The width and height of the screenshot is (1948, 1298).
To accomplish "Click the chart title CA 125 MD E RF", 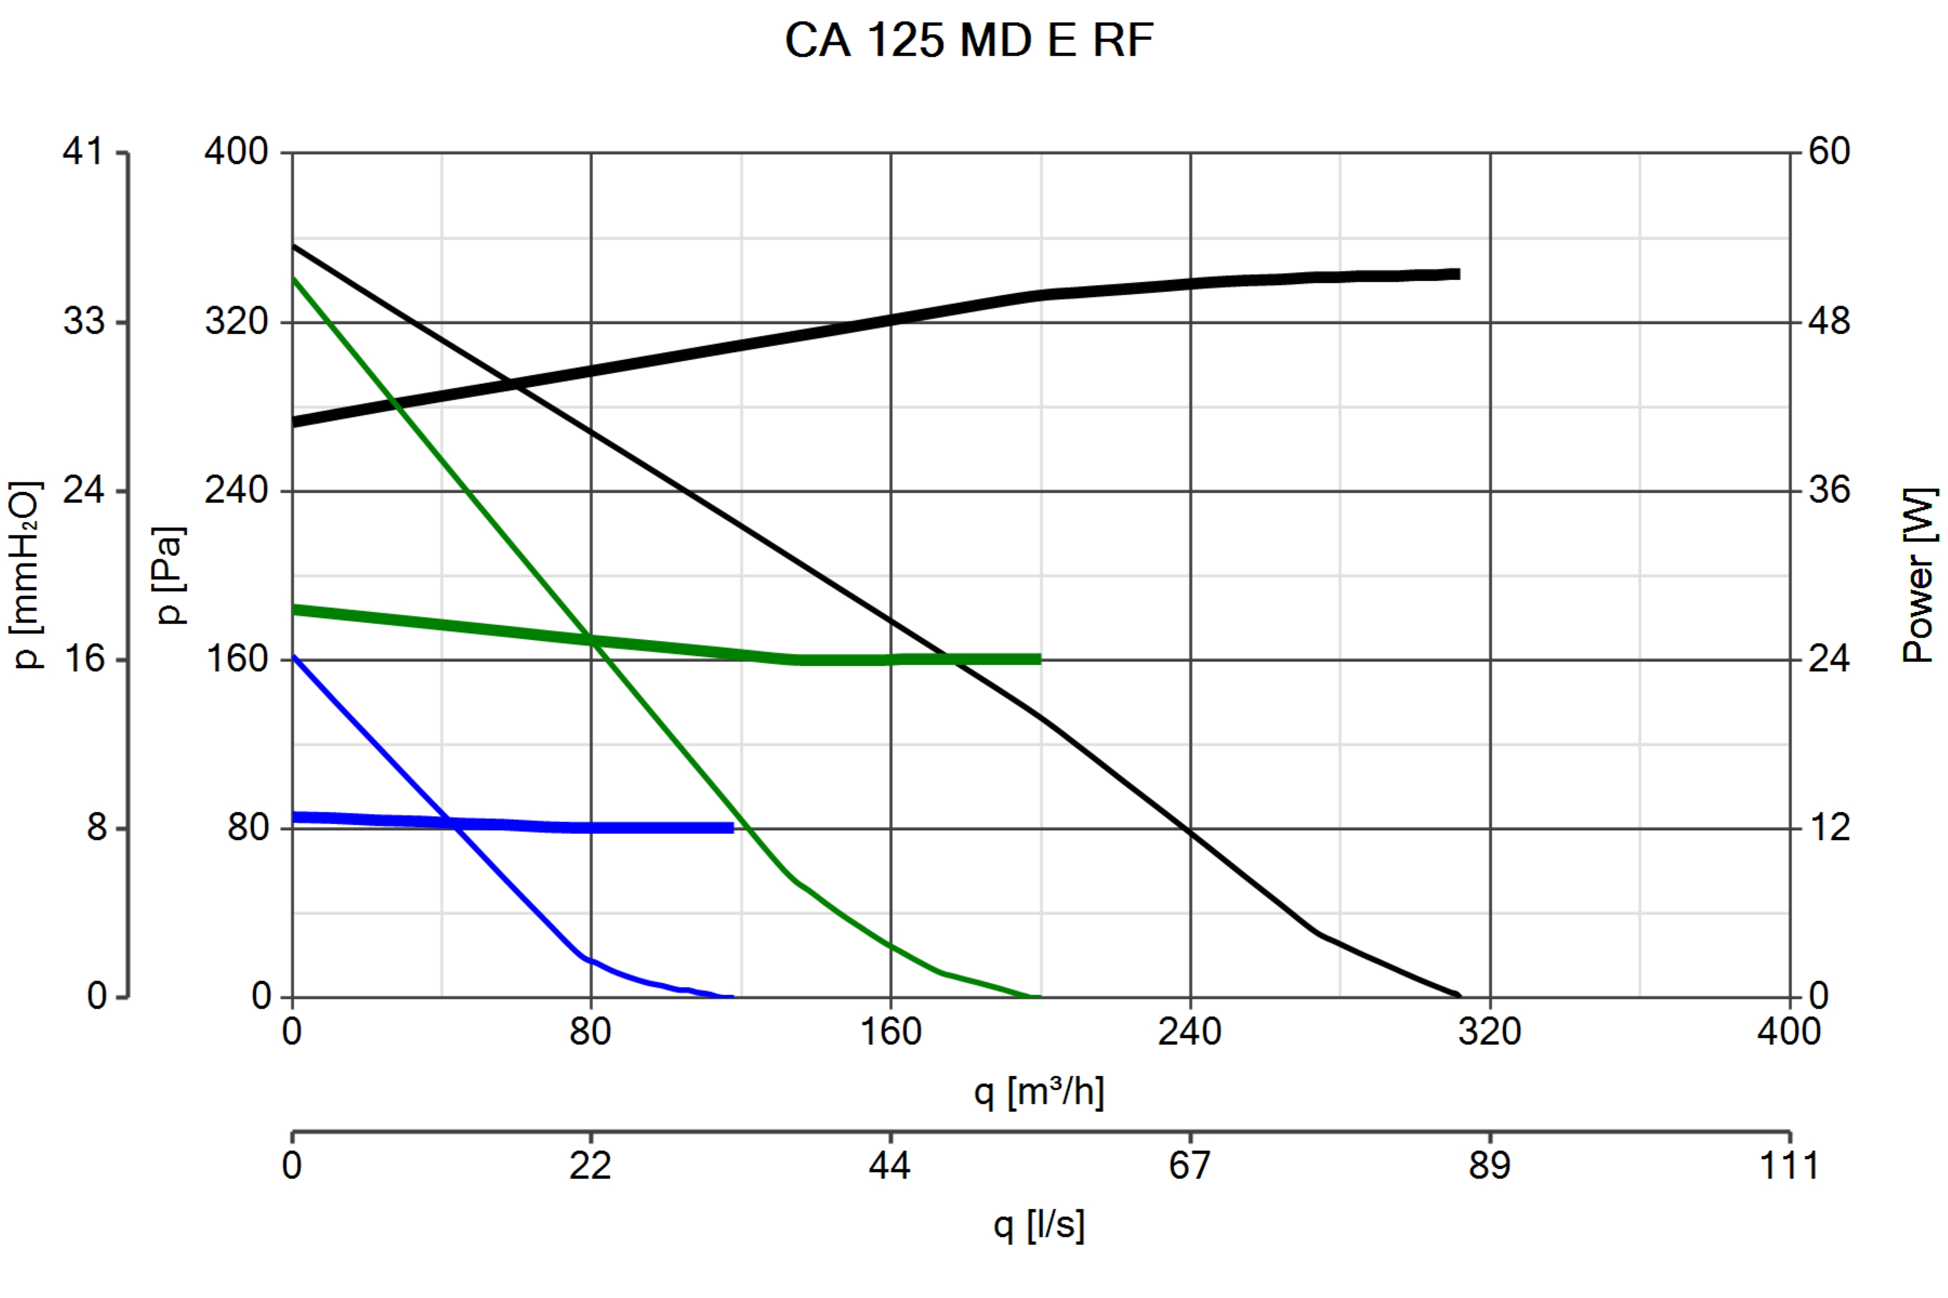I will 969,39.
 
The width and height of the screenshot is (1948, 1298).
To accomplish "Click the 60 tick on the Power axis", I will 1829,151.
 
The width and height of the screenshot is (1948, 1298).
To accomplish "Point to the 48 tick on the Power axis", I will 1829,321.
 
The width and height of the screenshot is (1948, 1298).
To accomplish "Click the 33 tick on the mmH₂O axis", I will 84,321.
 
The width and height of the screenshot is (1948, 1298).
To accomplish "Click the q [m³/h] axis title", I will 1038,1091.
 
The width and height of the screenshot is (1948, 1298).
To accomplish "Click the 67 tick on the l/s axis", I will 1189,1165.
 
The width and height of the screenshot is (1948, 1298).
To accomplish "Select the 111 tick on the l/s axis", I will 1789,1165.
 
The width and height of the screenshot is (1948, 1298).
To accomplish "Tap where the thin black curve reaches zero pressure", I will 1458,996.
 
